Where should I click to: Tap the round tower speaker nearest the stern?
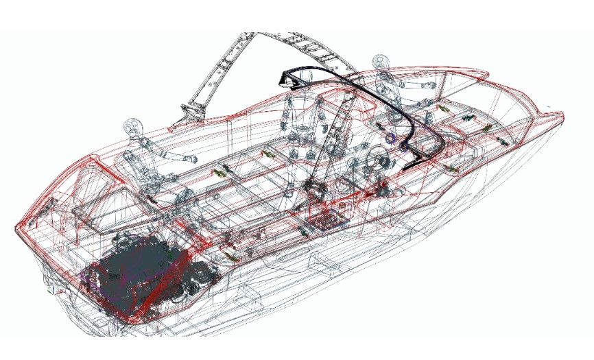coord(133,128)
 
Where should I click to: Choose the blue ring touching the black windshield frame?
coord(392,138)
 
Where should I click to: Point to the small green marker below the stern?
coord(49,291)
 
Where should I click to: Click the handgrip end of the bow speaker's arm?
coord(431,85)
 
